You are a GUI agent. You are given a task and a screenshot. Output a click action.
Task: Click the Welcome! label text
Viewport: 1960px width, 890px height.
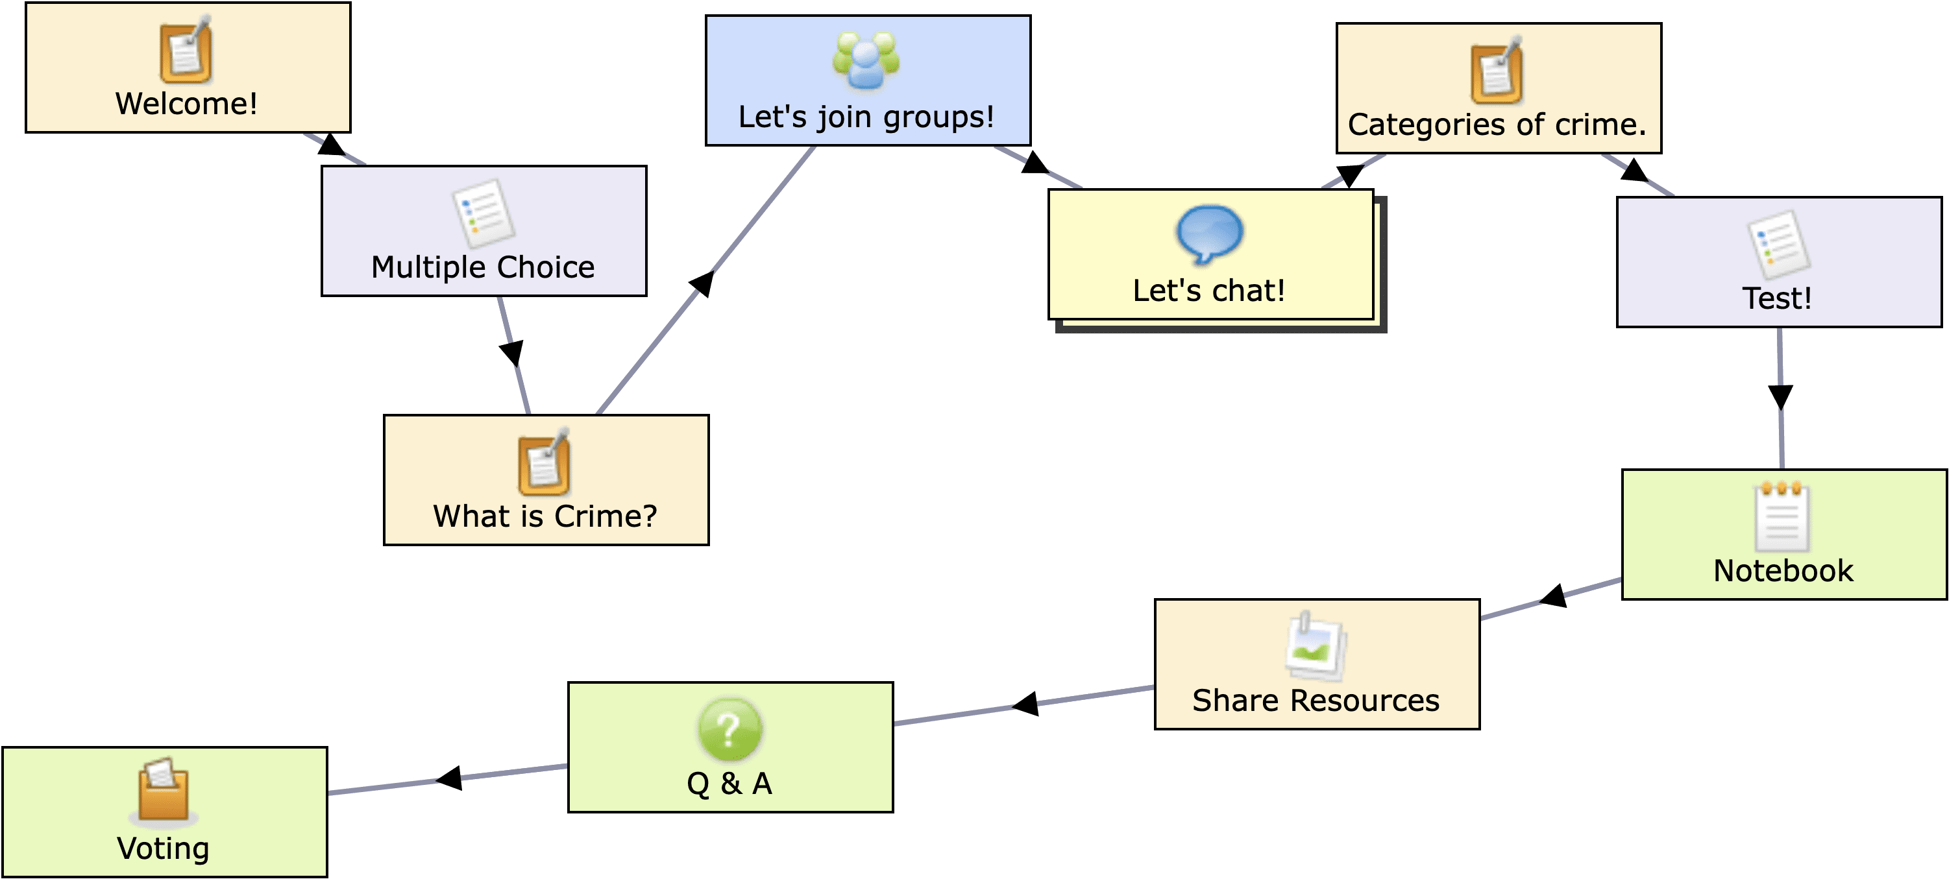click(186, 103)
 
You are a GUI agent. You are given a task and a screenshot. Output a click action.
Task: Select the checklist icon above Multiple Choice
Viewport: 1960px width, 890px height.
click(483, 213)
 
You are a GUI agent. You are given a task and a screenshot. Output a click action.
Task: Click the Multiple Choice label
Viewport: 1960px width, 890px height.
click(483, 267)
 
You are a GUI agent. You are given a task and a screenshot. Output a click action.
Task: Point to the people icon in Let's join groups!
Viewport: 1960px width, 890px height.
click(866, 61)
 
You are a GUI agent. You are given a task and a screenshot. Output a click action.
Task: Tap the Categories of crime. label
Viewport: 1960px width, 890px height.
click(1497, 124)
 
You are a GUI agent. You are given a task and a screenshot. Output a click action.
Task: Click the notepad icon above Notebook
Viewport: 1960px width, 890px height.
click(1782, 516)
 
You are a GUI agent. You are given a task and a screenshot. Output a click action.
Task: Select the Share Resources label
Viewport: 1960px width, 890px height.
click(1316, 700)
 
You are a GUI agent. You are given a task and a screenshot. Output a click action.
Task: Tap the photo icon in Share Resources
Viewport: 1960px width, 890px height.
click(1316, 647)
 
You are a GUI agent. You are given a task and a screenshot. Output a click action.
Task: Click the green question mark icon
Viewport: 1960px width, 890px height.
click(729, 728)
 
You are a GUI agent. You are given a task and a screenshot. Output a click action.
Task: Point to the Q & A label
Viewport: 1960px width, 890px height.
click(729, 783)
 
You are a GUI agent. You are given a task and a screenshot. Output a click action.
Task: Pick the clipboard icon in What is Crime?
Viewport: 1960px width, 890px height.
click(544, 462)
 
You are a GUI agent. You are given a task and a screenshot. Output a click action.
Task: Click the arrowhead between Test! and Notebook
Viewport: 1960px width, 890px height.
click(1780, 396)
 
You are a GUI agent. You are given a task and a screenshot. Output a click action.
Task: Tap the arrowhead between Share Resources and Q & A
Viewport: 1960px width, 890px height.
click(1025, 704)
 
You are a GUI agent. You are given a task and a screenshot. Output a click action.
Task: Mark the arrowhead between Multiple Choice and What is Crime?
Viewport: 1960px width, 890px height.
click(511, 353)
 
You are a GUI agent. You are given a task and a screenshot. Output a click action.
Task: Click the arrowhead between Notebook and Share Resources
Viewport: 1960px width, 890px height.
click(1554, 596)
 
